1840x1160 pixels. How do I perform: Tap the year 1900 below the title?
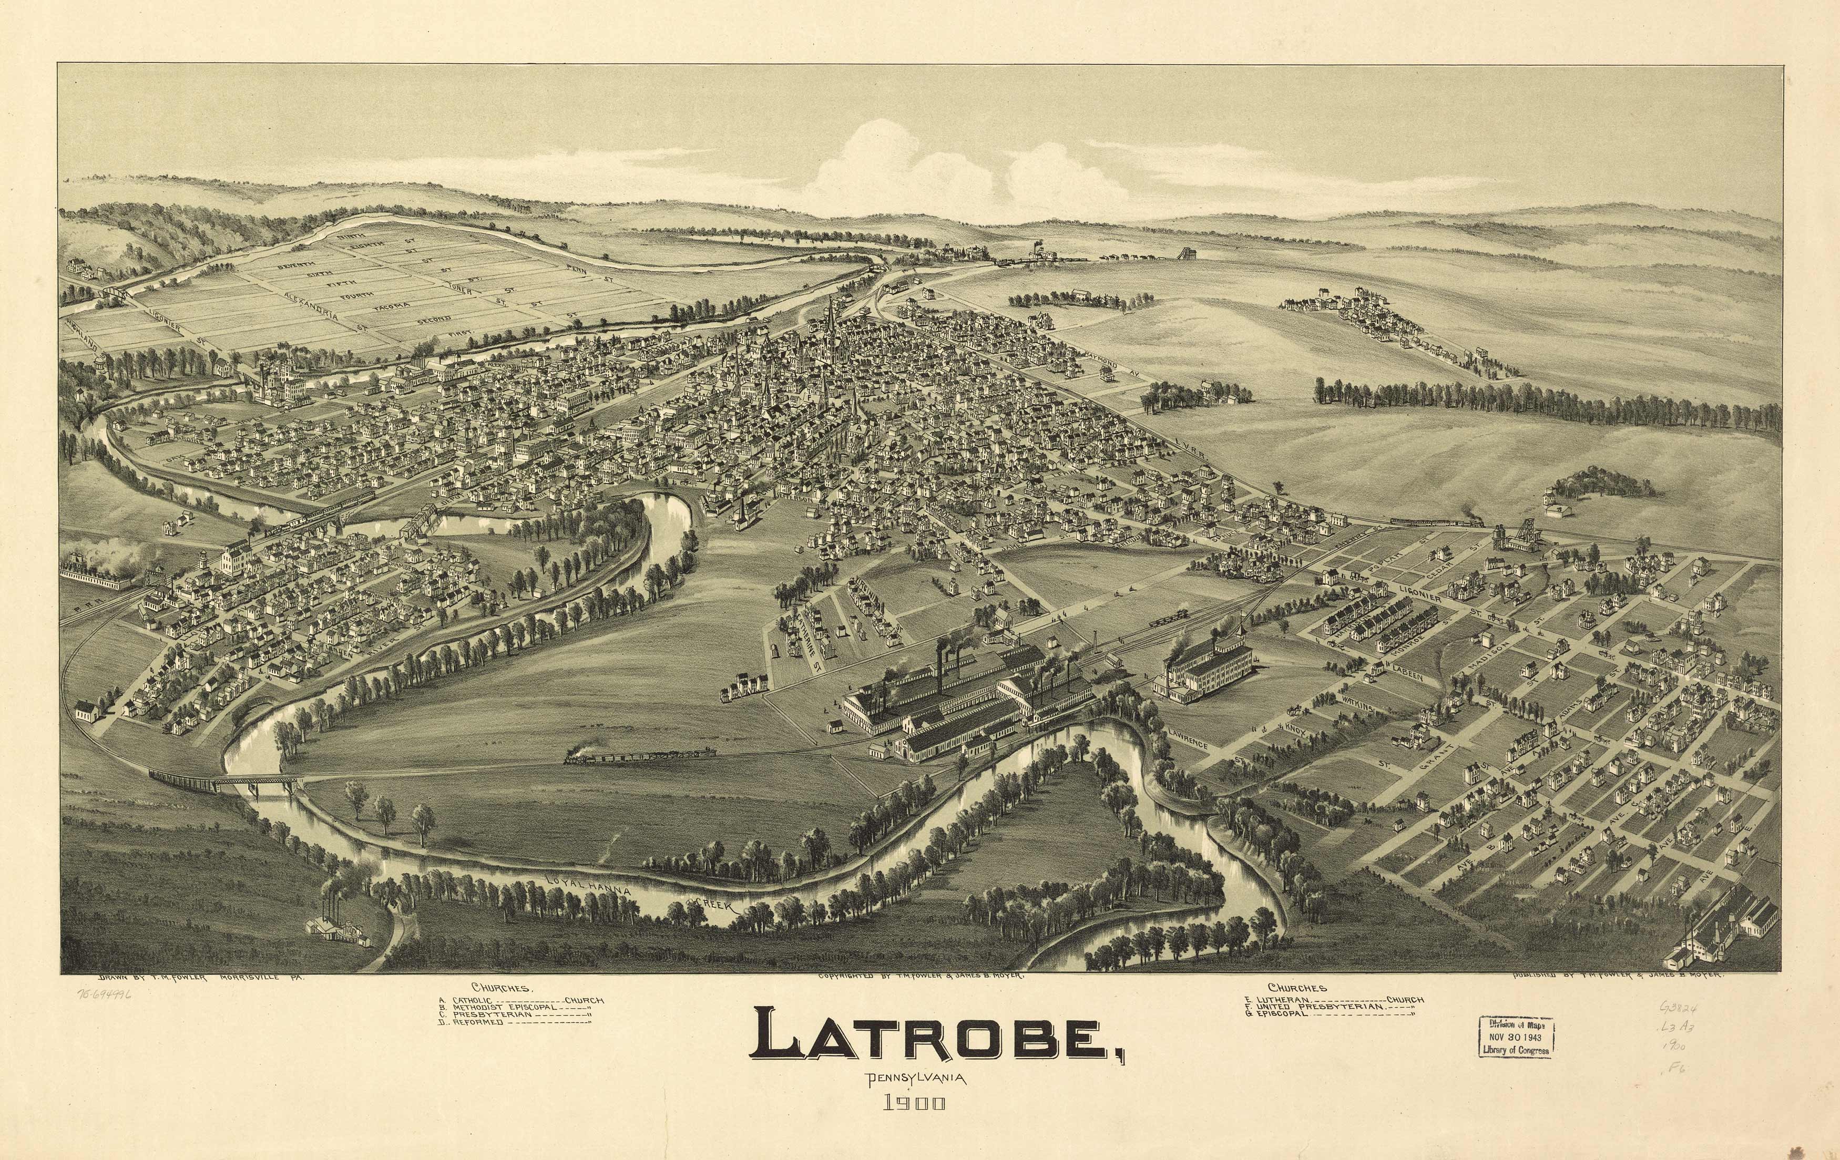915,1103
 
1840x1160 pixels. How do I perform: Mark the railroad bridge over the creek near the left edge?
229,781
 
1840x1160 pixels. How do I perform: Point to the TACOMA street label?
391,306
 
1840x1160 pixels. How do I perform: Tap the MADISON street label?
1487,655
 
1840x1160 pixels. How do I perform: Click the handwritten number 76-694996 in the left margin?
104,995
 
